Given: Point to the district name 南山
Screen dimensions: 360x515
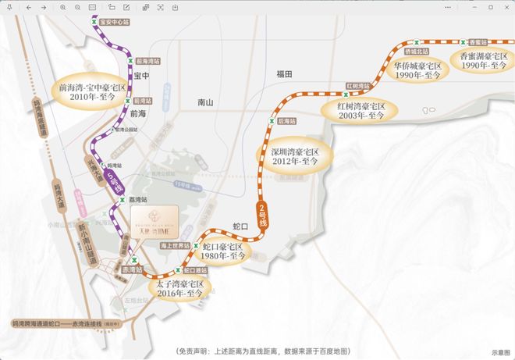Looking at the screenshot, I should click(205, 102).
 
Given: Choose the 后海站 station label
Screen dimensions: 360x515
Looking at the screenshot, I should click(286, 121).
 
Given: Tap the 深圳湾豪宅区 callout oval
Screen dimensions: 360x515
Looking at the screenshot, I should click(296, 155).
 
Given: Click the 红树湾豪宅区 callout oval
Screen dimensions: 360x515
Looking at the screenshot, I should click(361, 110).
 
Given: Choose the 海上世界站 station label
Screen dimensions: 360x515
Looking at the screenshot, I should click(174, 245).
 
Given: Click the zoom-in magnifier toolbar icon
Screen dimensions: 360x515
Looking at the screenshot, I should click(63, 7).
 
